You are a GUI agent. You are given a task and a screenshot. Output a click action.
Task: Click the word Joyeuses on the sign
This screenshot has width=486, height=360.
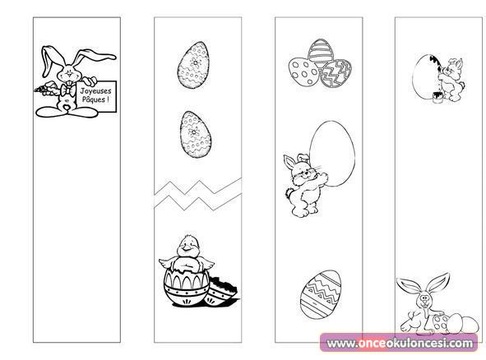[x=95, y=91]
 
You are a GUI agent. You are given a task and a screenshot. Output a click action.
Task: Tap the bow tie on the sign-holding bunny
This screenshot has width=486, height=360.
[x=68, y=90]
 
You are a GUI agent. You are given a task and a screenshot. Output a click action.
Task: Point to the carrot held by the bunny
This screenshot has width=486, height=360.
[x=45, y=88]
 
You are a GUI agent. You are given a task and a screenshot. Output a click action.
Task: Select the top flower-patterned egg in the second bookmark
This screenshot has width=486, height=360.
[x=193, y=66]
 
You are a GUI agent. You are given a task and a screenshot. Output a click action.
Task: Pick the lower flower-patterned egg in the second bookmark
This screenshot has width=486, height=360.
[x=196, y=135]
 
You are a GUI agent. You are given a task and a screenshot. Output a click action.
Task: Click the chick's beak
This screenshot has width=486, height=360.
[x=187, y=247]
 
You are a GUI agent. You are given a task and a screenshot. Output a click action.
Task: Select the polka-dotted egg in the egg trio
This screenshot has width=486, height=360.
[x=303, y=72]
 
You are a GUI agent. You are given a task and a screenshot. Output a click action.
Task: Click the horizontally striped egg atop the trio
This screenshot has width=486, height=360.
[x=321, y=53]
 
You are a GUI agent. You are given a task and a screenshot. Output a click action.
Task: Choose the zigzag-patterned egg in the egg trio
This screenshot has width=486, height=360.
[x=336, y=74]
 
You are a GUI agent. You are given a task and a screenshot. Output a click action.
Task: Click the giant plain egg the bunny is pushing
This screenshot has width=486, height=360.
[x=332, y=154]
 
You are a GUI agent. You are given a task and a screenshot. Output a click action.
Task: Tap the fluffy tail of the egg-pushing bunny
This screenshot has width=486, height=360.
[x=289, y=193]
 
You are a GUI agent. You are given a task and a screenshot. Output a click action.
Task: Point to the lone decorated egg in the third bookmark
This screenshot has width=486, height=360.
[x=321, y=293]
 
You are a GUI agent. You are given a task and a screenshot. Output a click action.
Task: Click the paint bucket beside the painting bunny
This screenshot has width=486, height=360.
[x=437, y=97]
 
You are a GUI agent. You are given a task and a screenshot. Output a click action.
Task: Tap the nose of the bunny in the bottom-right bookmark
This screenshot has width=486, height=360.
[x=424, y=298]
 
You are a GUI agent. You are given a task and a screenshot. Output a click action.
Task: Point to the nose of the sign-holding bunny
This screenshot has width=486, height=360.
[x=69, y=73]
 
